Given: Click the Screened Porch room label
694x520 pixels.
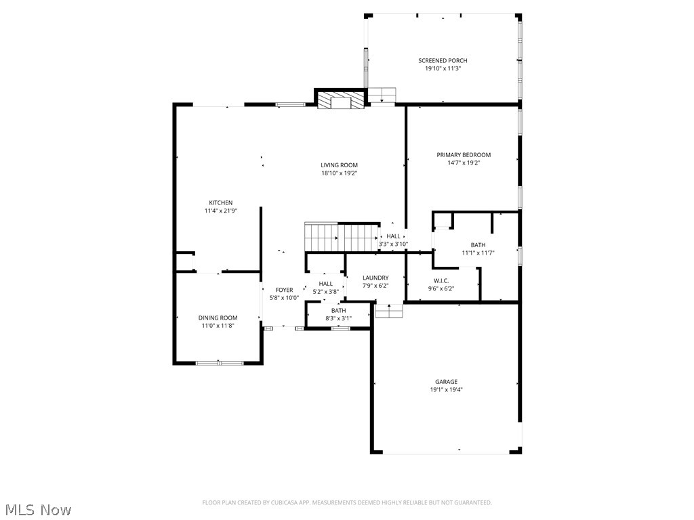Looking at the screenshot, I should coord(443,61).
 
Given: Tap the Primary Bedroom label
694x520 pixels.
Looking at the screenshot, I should coord(464,155).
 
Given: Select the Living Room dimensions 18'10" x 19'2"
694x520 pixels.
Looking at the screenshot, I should coord(339,173).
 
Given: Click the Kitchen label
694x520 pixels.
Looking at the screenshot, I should coord(220,202).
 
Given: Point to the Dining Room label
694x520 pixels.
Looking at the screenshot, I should coord(218,318).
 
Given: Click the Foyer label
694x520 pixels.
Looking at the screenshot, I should coord(284,290).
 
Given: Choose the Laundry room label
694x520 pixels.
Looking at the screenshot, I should coord(375,278).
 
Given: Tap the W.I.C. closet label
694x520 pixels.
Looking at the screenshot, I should coord(441,280).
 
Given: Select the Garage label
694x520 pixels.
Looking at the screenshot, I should coord(446,382).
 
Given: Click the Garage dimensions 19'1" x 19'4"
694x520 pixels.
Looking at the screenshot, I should coord(446,390).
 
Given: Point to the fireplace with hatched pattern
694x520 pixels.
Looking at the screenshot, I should coord(340,100).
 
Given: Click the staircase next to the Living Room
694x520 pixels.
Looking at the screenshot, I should coord(341,237).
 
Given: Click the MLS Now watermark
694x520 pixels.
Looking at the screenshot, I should coord(37,509).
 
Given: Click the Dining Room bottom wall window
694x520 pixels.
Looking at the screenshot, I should coord(219,363).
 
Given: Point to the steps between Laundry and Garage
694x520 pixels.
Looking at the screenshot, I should coord(389,311).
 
